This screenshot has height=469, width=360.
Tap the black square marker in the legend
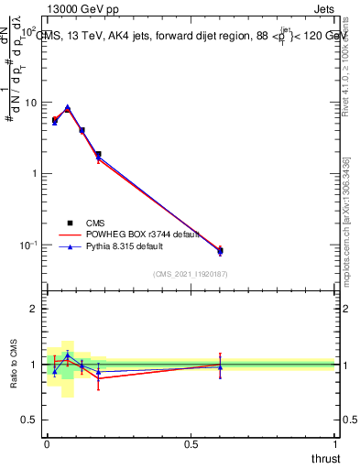coord(70,223)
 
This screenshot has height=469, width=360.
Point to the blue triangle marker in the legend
coord(70,246)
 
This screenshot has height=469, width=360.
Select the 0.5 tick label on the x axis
coord(191,443)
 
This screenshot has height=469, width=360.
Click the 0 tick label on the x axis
coord(47,443)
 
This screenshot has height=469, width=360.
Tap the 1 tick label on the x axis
coord(334,443)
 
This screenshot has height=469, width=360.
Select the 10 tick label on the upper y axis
coord(29,103)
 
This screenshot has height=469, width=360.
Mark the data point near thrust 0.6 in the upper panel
coord(220,251)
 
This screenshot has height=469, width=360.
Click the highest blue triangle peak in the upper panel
coord(68,107)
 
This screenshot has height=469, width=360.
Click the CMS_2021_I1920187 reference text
coord(190,274)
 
